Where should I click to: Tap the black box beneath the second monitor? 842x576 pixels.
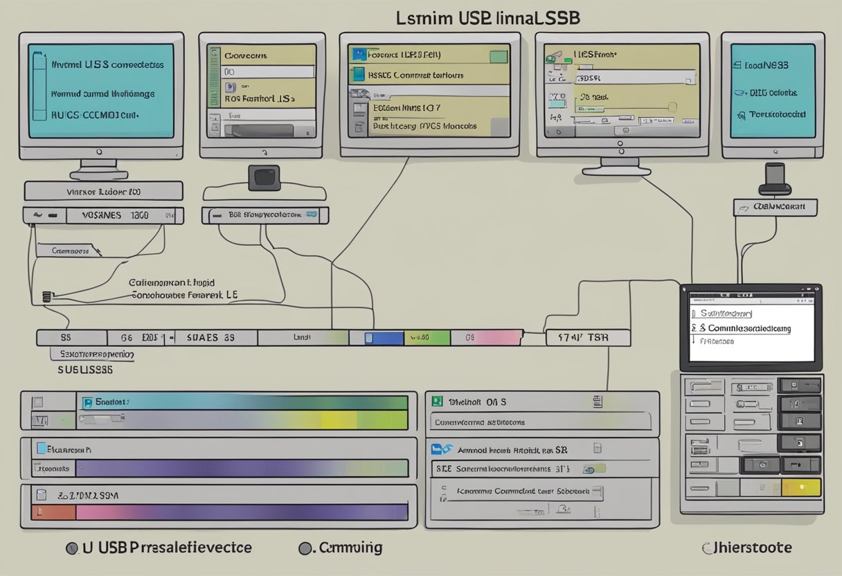(264, 177)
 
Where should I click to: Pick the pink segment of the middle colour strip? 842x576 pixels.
(494, 338)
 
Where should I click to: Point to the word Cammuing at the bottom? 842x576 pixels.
(350, 548)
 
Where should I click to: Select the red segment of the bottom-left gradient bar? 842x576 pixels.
(53, 512)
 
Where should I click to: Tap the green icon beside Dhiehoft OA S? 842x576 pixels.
(437, 401)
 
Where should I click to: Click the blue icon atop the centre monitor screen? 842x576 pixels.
(358, 53)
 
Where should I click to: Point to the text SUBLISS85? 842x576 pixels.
(84, 370)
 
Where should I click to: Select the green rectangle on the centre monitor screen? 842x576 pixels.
(499, 55)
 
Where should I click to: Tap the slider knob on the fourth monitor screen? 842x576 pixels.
(671, 107)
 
